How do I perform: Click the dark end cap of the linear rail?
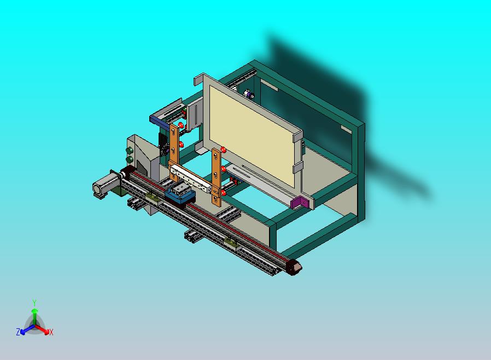coord(294,267)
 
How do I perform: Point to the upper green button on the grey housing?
coord(129,150)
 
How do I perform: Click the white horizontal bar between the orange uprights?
coord(191,178)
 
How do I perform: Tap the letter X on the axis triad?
coord(51,332)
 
